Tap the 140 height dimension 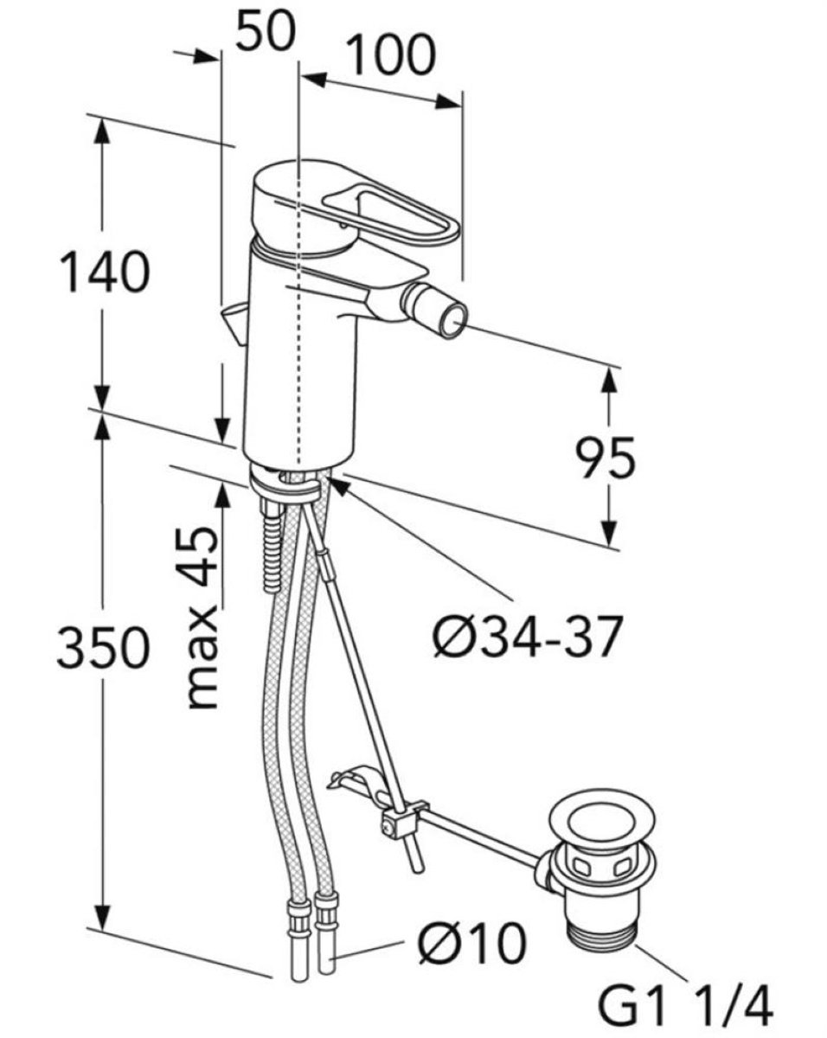point(105,272)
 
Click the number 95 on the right point(606,458)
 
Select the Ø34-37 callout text point(525,637)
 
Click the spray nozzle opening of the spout point(456,320)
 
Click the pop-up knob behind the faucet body point(234,324)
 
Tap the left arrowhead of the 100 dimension point(315,80)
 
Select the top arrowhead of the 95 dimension point(610,381)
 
